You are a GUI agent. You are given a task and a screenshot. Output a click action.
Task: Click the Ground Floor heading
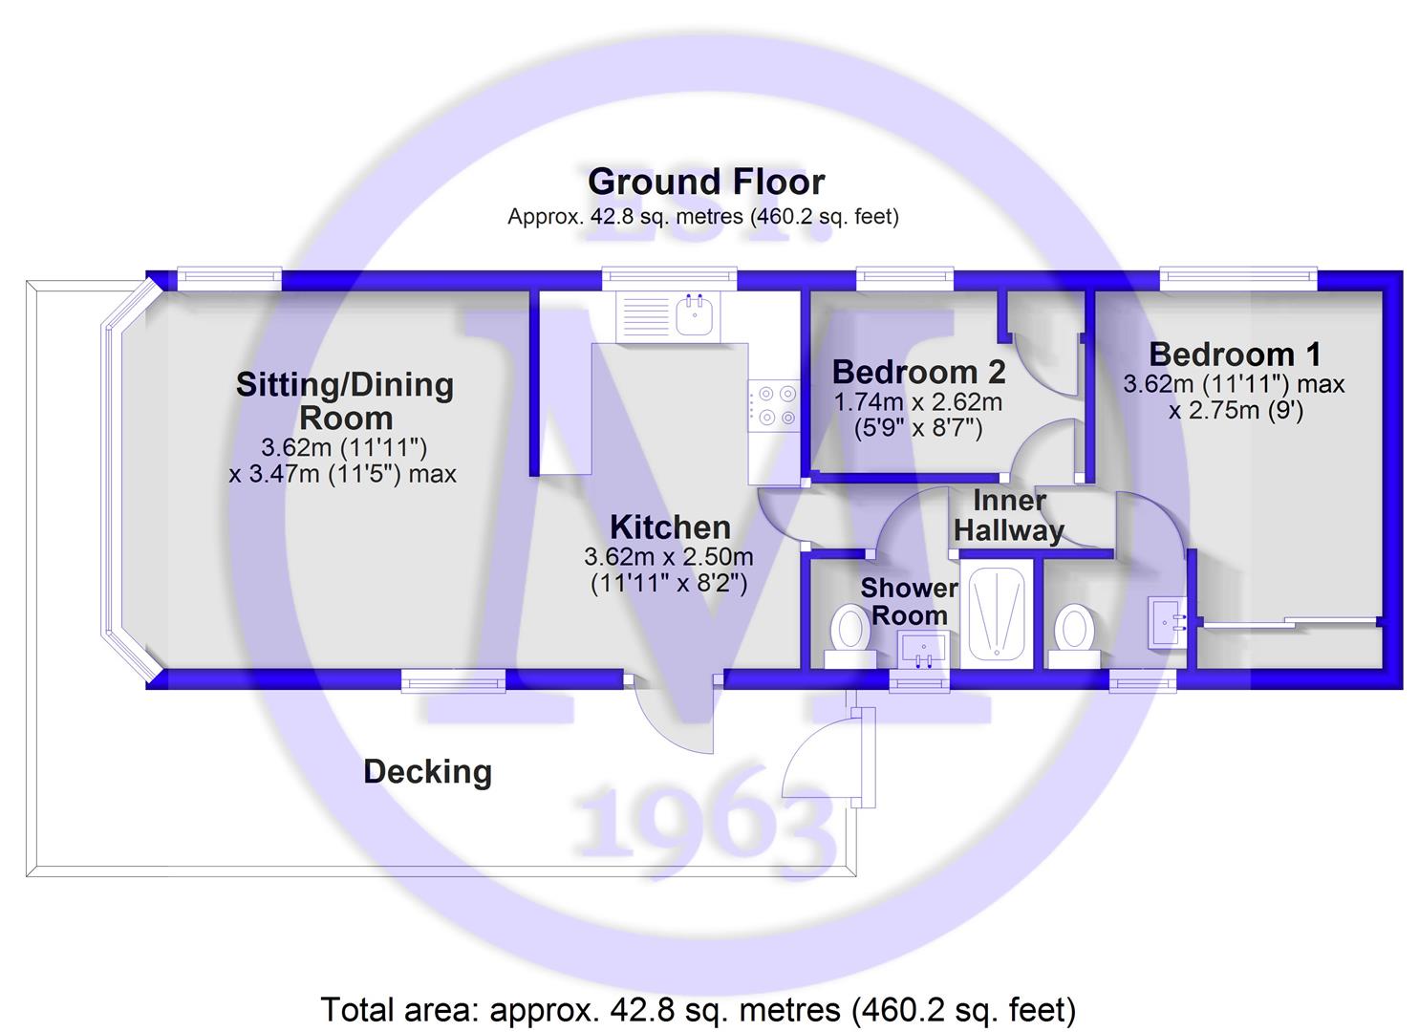706,182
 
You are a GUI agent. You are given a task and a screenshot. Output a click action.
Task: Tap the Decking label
427,772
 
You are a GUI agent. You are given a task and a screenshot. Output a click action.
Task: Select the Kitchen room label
670,527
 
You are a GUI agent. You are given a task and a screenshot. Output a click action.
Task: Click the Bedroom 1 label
1236,355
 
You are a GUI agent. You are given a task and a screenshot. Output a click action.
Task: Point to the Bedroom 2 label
918,372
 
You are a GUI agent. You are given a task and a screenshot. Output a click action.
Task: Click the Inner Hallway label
1008,516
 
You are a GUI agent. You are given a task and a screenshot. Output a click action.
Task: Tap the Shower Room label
910,602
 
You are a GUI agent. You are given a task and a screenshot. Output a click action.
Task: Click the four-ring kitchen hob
773,405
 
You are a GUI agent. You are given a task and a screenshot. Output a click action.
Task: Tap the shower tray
997,613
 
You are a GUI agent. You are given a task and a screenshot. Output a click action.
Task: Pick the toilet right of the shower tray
1074,636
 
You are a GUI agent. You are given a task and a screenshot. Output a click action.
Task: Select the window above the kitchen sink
670,278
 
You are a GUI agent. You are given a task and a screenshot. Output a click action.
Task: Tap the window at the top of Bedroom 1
1238,278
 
